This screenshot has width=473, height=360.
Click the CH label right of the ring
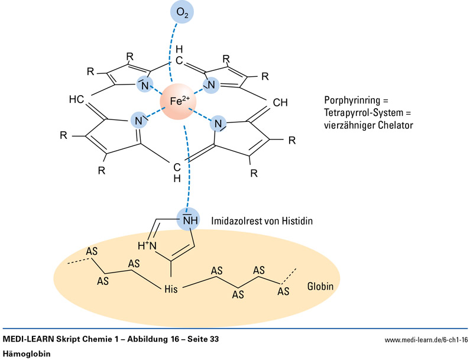point(280,102)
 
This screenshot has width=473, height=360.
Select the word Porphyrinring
point(349,99)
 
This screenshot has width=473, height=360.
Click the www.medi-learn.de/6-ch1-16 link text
point(426,340)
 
